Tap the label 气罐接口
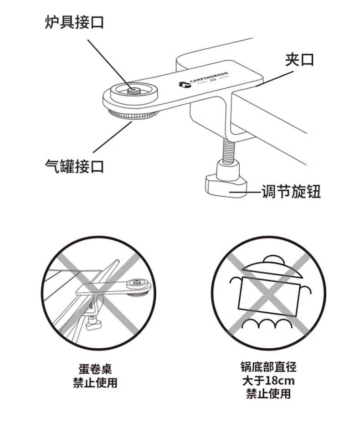click(x=74, y=166)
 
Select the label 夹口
click(x=299, y=60)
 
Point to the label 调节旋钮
click(x=291, y=192)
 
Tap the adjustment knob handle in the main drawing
click(x=226, y=186)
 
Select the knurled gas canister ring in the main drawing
click(x=133, y=115)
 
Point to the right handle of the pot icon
click(x=306, y=290)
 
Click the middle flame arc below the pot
click(x=267, y=323)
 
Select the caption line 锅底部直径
click(x=268, y=367)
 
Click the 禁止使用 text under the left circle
click(x=95, y=382)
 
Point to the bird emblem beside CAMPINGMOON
click(x=184, y=84)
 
